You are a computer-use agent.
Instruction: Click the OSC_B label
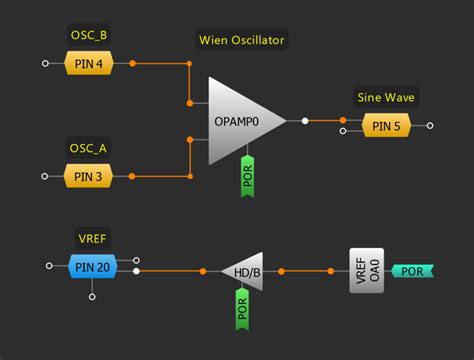pos(89,36)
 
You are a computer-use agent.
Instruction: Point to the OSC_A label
pos(89,149)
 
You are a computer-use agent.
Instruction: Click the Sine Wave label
pos(385,98)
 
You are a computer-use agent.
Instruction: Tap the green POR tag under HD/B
pos(241,308)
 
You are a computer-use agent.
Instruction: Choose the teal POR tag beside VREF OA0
pos(411,271)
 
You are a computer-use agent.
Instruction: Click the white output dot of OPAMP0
pos(305,121)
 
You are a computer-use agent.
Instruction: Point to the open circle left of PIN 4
pos(45,64)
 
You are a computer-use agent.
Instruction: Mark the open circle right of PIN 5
pos(430,126)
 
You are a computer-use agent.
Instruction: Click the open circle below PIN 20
pos(91,297)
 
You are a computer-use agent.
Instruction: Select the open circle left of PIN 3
pos(45,177)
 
